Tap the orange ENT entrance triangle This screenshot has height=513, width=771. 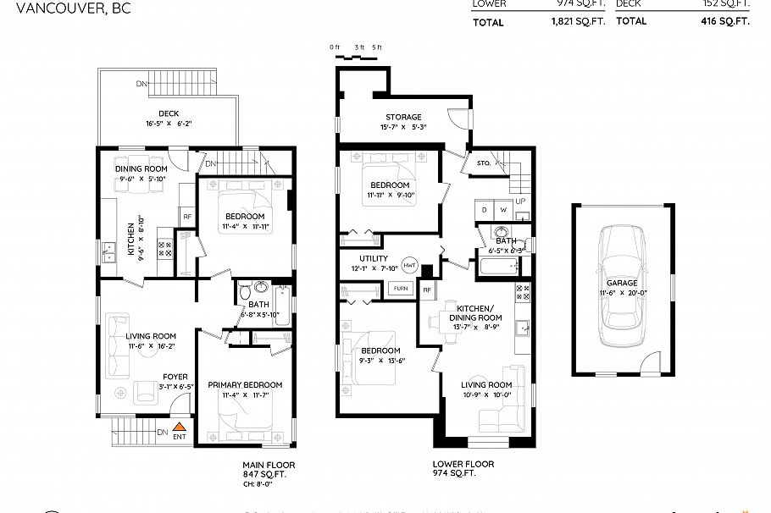180,428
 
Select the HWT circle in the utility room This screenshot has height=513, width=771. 410,265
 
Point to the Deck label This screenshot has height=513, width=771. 168,114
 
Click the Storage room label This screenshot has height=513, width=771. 402,117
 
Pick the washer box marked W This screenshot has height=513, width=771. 504,208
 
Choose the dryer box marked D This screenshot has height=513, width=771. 485,208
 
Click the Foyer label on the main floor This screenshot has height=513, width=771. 175,377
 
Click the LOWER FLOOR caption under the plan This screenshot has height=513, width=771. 463,464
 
